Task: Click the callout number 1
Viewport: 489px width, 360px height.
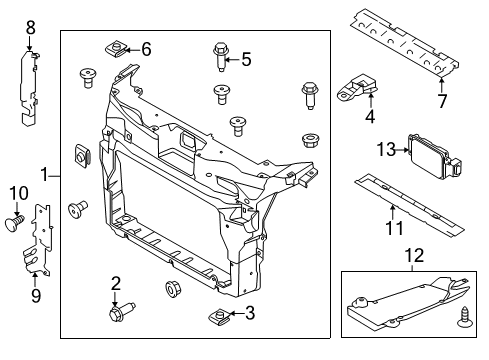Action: pos(44,175)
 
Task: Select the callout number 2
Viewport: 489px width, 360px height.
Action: pos(116,283)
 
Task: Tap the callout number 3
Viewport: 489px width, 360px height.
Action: pos(250,314)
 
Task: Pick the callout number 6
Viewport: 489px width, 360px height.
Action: pos(146,48)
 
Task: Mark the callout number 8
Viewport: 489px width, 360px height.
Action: pos(30,30)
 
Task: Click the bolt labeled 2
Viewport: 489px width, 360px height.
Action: pos(118,314)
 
